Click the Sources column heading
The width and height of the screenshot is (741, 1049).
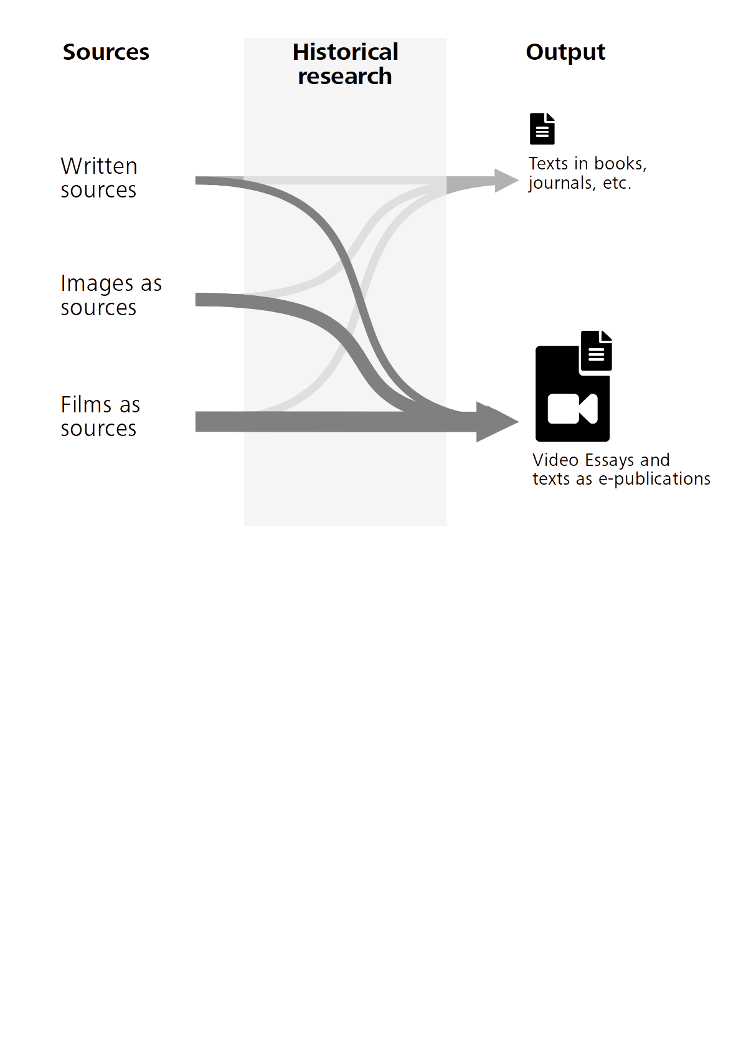click(106, 52)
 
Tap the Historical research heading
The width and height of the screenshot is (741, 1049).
click(345, 64)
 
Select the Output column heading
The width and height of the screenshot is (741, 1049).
click(565, 52)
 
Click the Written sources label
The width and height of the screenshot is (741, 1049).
click(99, 178)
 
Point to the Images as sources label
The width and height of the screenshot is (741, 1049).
click(111, 295)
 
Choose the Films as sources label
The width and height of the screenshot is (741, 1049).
click(100, 416)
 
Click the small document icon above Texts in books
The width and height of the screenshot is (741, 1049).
click(542, 129)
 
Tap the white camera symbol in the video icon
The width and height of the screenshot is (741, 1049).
click(572, 409)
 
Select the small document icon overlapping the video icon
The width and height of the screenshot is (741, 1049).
click(597, 351)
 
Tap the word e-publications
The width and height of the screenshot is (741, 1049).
click(654, 479)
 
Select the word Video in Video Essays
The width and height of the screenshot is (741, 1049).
click(555, 460)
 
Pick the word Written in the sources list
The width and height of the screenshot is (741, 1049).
click(99, 166)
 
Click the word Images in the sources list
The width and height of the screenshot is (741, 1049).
click(98, 284)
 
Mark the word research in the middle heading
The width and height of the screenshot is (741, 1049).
click(345, 77)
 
